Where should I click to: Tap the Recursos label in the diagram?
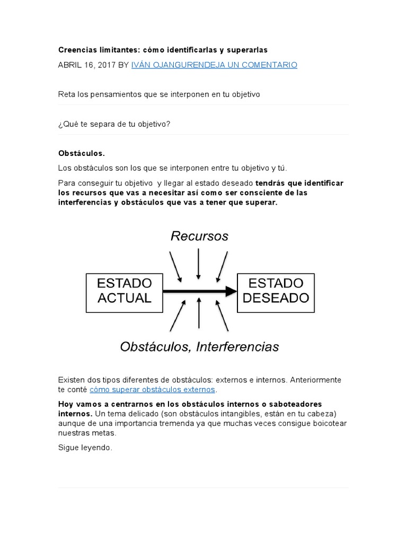tap(199, 237)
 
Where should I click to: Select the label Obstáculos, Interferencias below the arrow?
tap(199, 347)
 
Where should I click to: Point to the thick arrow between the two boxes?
tap(199, 291)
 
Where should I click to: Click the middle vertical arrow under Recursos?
tap(198, 263)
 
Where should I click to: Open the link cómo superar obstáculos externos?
tap(153, 389)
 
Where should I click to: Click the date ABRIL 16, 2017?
tap(86, 65)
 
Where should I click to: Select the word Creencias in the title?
tap(76, 50)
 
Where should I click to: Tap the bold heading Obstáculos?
tap(82, 153)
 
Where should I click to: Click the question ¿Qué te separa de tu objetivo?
tap(114, 124)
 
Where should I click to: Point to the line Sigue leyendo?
tap(85, 448)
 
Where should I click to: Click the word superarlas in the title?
tap(247, 50)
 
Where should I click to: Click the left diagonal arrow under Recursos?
tap(175, 267)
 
